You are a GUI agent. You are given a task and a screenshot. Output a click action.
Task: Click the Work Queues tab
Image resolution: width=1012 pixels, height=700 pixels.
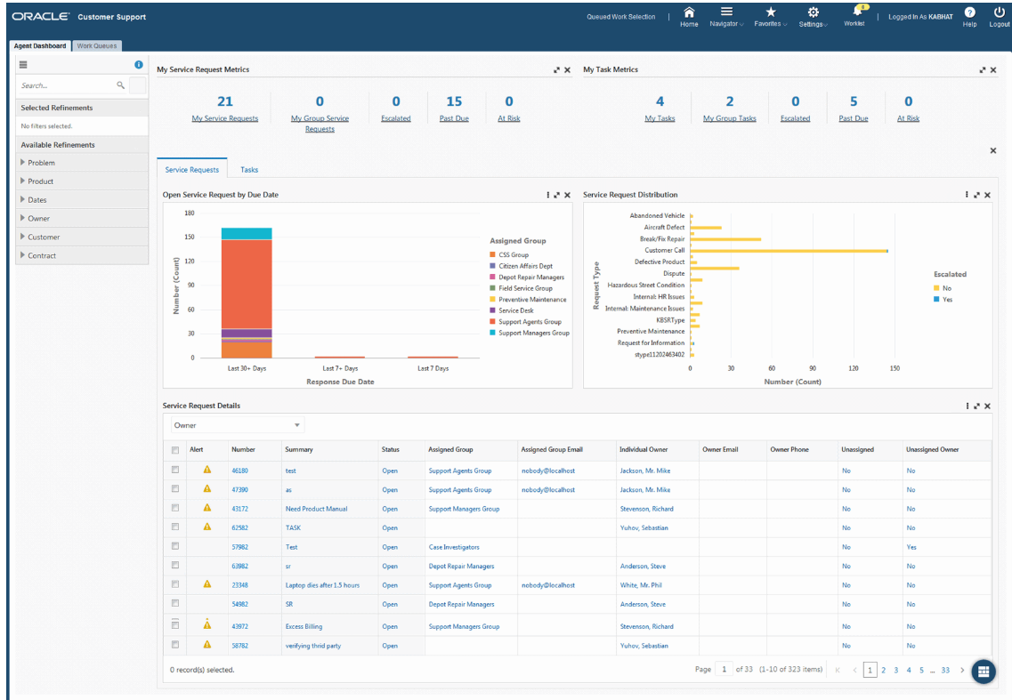click(97, 45)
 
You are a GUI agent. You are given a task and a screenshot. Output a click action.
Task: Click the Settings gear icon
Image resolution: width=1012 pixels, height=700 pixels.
click(812, 12)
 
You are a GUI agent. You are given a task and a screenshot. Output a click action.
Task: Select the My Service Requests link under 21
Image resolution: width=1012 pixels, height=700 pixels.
click(225, 118)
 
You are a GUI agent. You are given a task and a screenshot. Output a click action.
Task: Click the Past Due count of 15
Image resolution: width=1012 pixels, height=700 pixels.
click(454, 101)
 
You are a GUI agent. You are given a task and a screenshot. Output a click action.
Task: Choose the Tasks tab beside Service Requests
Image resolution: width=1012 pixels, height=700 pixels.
click(249, 169)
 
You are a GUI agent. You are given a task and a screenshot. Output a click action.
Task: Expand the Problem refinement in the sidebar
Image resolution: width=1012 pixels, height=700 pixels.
click(41, 163)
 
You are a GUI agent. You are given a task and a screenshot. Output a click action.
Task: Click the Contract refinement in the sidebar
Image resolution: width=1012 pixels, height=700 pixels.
click(42, 255)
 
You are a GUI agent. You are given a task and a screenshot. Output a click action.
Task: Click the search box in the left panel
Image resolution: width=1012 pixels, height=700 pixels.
click(67, 85)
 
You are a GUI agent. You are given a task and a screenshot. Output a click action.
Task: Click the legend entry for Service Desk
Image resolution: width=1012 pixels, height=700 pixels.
click(516, 310)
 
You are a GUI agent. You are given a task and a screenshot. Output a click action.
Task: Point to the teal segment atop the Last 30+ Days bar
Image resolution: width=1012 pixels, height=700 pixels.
click(247, 233)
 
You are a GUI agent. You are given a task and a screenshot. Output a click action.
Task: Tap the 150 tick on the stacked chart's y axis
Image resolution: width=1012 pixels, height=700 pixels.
click(189, 237)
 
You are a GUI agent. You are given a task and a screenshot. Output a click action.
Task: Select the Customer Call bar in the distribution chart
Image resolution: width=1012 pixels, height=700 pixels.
click(788, 251)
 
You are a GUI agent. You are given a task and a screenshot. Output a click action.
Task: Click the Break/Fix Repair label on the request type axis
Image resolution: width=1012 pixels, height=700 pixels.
click(661, 238)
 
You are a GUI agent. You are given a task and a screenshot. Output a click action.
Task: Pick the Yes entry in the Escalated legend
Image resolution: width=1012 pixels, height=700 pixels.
click(946, 300)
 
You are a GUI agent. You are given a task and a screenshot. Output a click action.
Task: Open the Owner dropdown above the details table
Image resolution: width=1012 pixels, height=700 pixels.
click(237, 425)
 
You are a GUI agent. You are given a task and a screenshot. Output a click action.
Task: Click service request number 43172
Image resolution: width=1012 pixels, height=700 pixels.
click(239, 509)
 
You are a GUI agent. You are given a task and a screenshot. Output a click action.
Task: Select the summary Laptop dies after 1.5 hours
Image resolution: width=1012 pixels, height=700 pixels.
click(322, 585)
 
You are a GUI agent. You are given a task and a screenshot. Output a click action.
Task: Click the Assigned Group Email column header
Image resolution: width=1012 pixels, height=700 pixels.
click(558, 449)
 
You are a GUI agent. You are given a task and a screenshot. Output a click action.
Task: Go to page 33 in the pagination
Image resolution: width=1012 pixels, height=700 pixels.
click(945, 670)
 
